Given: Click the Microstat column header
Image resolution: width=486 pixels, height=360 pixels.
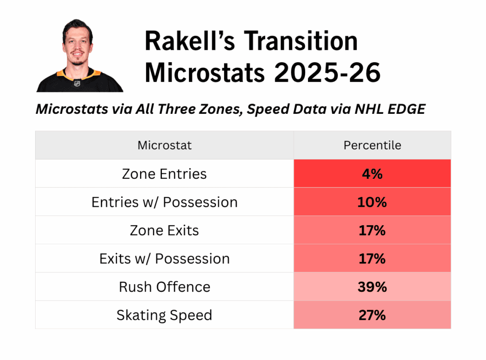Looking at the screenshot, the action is click(x=165, y=145).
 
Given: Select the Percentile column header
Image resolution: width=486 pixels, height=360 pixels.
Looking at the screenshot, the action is click(x=372, y=145).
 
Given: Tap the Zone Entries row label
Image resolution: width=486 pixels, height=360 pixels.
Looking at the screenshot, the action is click(x=164, y=174).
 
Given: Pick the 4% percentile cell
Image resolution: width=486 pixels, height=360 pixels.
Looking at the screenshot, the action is click(x=372, y=174).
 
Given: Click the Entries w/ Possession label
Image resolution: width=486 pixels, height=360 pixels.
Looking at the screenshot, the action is click(x=165, y=203).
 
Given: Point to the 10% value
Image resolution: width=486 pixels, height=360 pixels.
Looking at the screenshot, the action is click(x=372, y=203).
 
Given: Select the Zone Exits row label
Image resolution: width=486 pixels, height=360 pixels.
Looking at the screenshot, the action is click(x=164, y=231).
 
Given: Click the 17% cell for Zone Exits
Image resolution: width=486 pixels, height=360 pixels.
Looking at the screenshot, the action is click(x=372, y=231).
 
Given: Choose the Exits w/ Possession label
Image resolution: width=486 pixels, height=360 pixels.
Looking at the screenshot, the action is click(x=165, y=258).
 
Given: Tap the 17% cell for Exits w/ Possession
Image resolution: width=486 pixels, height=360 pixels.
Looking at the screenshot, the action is click(x=372, y=258).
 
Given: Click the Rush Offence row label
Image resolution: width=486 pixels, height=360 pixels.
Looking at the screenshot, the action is click(x=165, y=287).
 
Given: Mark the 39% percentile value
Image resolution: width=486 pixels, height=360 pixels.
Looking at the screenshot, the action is click(x=372, y=287).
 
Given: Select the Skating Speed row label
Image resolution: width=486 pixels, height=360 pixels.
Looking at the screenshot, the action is click(x=164, y=315).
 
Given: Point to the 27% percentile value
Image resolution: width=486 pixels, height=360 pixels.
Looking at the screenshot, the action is click(x=372, y=315).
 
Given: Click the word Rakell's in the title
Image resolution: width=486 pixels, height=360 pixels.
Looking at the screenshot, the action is click(x=190, y=41).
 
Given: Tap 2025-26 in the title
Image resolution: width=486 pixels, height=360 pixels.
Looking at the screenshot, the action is click(x=327, y=73).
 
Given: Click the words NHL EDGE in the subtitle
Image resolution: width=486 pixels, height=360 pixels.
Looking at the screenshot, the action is click(x=390, y=109).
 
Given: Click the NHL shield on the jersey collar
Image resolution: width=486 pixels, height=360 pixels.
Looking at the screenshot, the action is click(x=77, y=83).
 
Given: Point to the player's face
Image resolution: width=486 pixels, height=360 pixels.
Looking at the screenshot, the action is click(x=77, y=46).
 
